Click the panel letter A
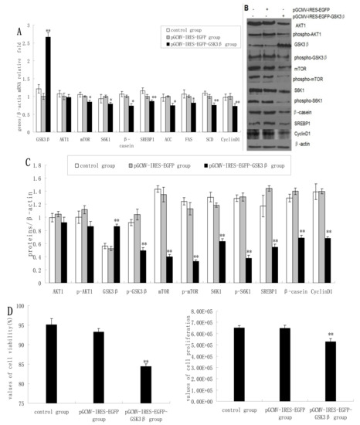(x=19, y=32)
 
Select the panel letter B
(x=246, y=10)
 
